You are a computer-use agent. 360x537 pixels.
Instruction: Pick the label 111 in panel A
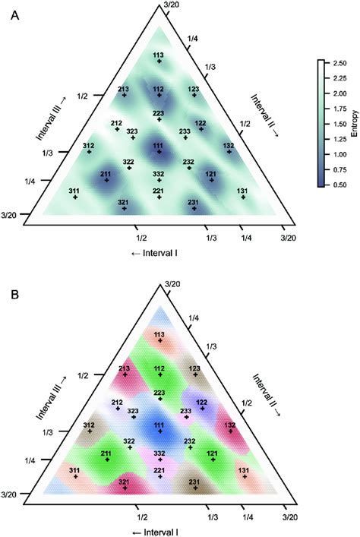(158, 144)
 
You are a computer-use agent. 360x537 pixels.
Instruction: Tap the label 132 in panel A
(228, 145)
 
